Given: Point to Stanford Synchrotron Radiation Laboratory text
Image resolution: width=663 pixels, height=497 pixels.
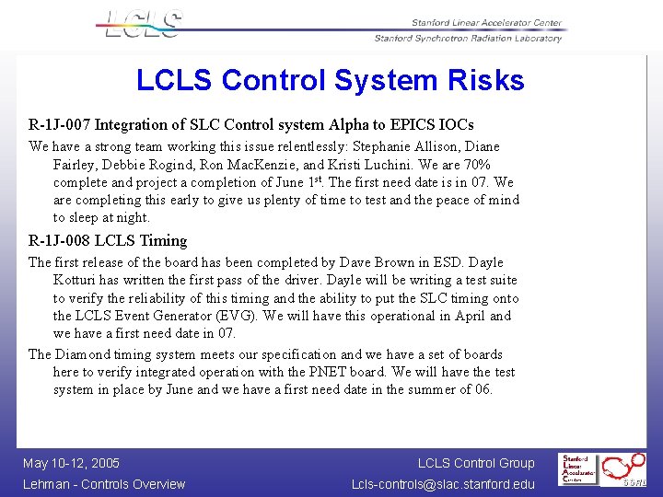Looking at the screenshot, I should click(468, 39).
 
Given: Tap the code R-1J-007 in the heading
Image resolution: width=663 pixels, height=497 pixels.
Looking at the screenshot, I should click(60, 124).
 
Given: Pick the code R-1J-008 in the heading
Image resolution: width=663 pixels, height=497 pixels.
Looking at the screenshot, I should click(60, 241).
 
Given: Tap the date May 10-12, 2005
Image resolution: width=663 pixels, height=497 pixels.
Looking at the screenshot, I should click(71, 463).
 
